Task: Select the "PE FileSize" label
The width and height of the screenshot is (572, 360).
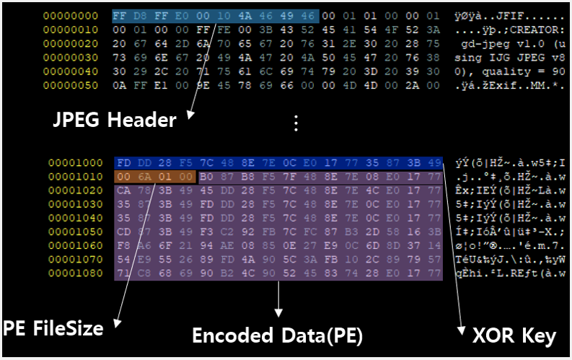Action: point(53,328)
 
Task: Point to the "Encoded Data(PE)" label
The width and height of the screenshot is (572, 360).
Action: point(277,336)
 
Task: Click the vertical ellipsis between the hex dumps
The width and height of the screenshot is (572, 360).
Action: point(294,123)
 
